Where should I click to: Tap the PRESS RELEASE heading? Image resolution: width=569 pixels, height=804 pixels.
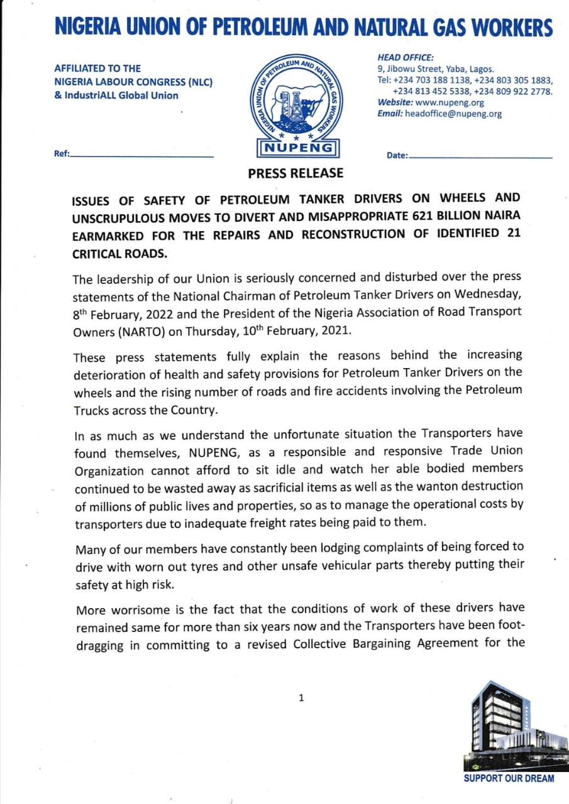[296, 173]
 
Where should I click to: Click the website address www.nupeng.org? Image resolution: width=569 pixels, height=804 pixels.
[450, 102]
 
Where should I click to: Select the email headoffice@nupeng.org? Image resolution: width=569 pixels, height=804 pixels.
[453, 114]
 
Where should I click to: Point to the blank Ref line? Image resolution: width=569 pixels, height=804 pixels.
[142, 156]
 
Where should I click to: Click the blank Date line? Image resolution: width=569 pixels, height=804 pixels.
[480, 156]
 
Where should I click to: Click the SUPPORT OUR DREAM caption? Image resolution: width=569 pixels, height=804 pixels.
[509, 779]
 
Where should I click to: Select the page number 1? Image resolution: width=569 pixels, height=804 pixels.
[301, 697]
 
